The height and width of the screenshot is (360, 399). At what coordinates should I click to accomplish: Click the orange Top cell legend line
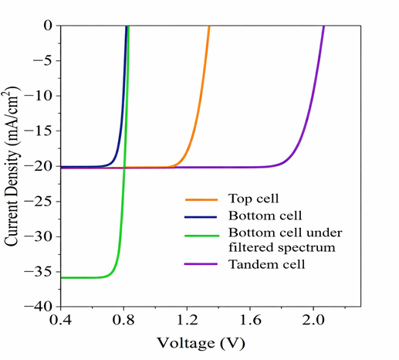[201, 199]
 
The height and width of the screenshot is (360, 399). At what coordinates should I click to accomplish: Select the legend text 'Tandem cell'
[267, 264]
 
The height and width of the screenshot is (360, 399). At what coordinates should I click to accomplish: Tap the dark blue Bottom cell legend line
[201, 217]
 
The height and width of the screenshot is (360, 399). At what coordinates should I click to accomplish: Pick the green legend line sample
[202, 236]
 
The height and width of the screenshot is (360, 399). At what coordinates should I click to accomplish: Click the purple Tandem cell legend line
[201, 264]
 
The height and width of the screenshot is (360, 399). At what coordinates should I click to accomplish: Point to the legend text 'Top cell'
[253, 199]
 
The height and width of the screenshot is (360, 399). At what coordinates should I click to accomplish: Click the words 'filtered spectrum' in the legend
[282, 248]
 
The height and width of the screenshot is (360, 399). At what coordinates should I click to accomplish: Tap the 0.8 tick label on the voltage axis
[124, 320]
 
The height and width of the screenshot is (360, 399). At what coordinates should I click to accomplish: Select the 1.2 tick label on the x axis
[188, 320]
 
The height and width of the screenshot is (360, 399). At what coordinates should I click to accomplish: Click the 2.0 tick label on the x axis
[313, 320]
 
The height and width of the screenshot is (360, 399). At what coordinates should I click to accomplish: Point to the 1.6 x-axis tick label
[250, 320]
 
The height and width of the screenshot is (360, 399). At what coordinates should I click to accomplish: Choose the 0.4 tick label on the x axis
[60, 320]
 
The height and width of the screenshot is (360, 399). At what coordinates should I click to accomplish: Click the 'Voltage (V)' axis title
[201, 343]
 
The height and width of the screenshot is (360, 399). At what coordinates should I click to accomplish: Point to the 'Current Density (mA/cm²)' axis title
[12, 166]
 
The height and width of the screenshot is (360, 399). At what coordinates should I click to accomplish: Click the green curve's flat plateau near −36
[83, 277]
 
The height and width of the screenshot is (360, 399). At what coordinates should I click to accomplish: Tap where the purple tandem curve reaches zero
[323, 25]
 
